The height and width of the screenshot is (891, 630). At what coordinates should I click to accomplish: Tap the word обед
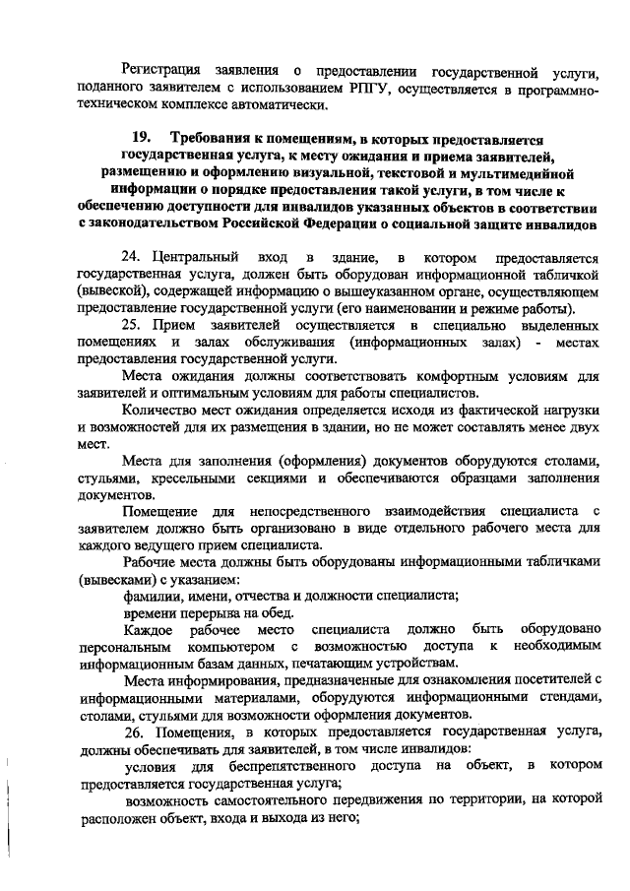[283, 613]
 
